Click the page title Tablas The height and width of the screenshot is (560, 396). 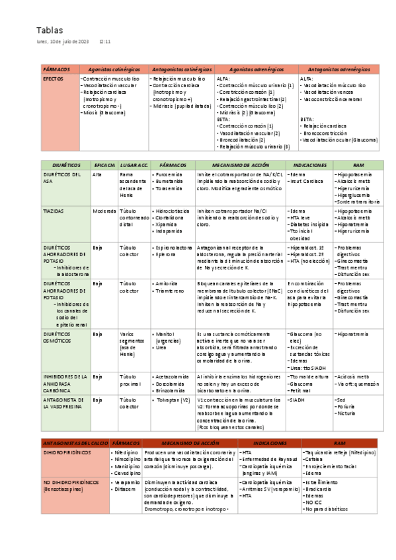point(50,30)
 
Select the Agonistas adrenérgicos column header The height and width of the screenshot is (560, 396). point(257,69)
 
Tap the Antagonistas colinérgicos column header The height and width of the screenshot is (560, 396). point(182,69)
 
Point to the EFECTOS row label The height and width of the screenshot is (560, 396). point(53,77)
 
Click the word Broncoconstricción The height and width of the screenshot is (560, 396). point(326,133)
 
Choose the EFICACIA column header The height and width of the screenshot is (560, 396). point(105,164)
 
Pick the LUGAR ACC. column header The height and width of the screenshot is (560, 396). point(134,164)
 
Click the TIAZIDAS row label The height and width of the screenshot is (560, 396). point(54,211)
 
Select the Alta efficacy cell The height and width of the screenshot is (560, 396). point(97,174)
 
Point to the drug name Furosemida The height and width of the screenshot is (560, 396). point(169,174)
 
